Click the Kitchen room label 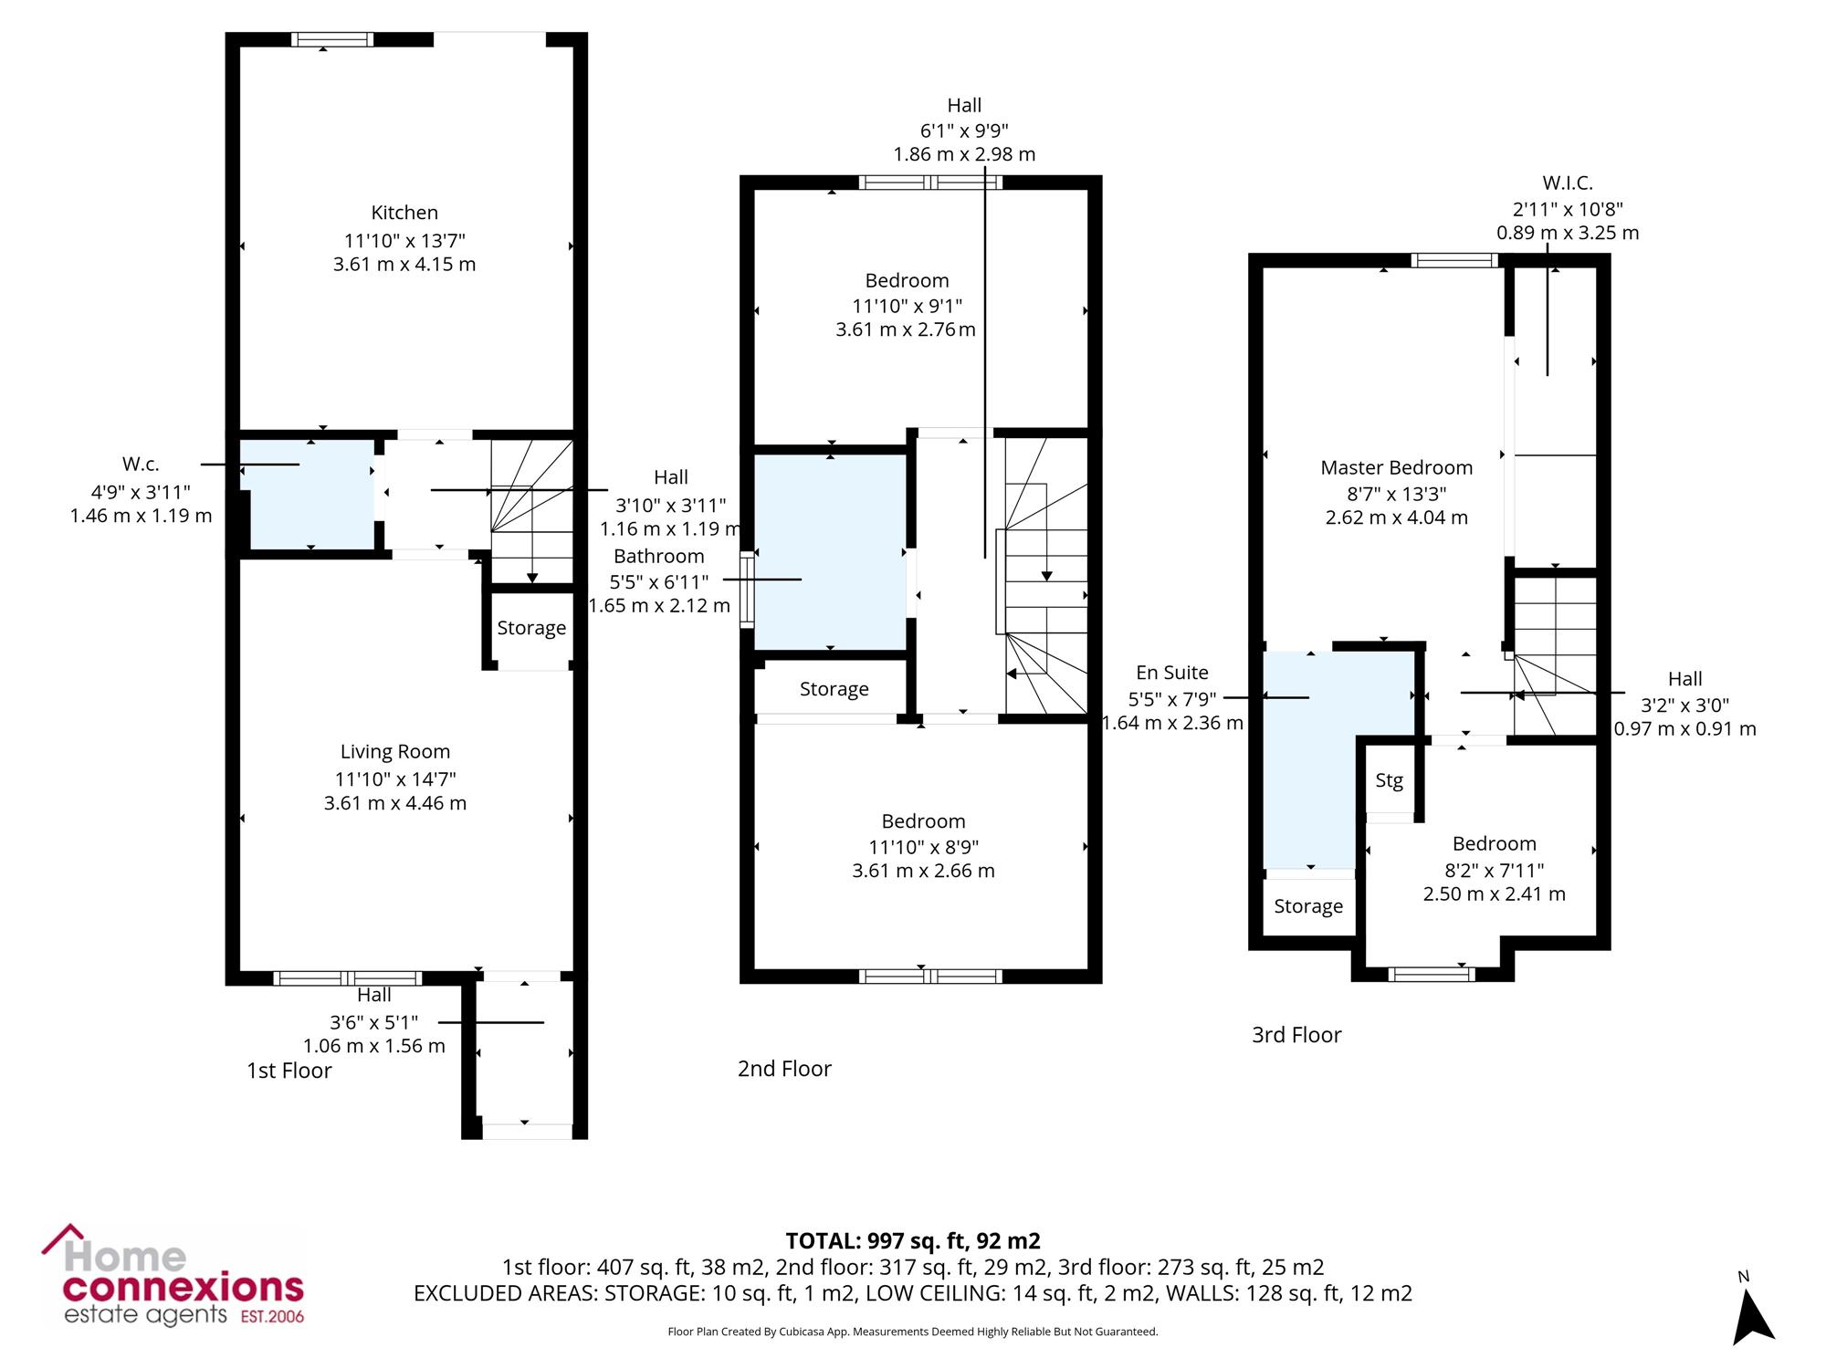click(404, 213)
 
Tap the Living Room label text click(395, 752)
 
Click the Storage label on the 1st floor click(531, 628)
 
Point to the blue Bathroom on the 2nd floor click(830, 552)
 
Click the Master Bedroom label click(1397, 468)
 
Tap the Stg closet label click(1390, 780)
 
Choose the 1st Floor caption click(289, 1071)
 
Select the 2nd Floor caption click(784, 1069)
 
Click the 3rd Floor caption click(1296, 1035)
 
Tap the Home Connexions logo click(173, 1276)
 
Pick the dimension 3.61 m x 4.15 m click(404, 265)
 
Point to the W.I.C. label click(1568, 183)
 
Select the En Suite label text click(1172, 673)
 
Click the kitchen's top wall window click(332, 39)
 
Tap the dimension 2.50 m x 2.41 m click(1495, 894)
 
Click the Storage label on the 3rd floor click(1308, 906)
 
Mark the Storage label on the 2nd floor click(834, 689)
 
